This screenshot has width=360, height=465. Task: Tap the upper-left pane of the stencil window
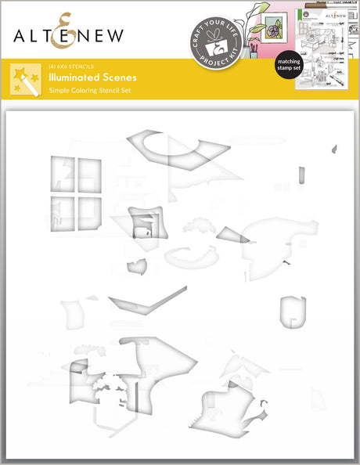[x=62, y=174]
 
